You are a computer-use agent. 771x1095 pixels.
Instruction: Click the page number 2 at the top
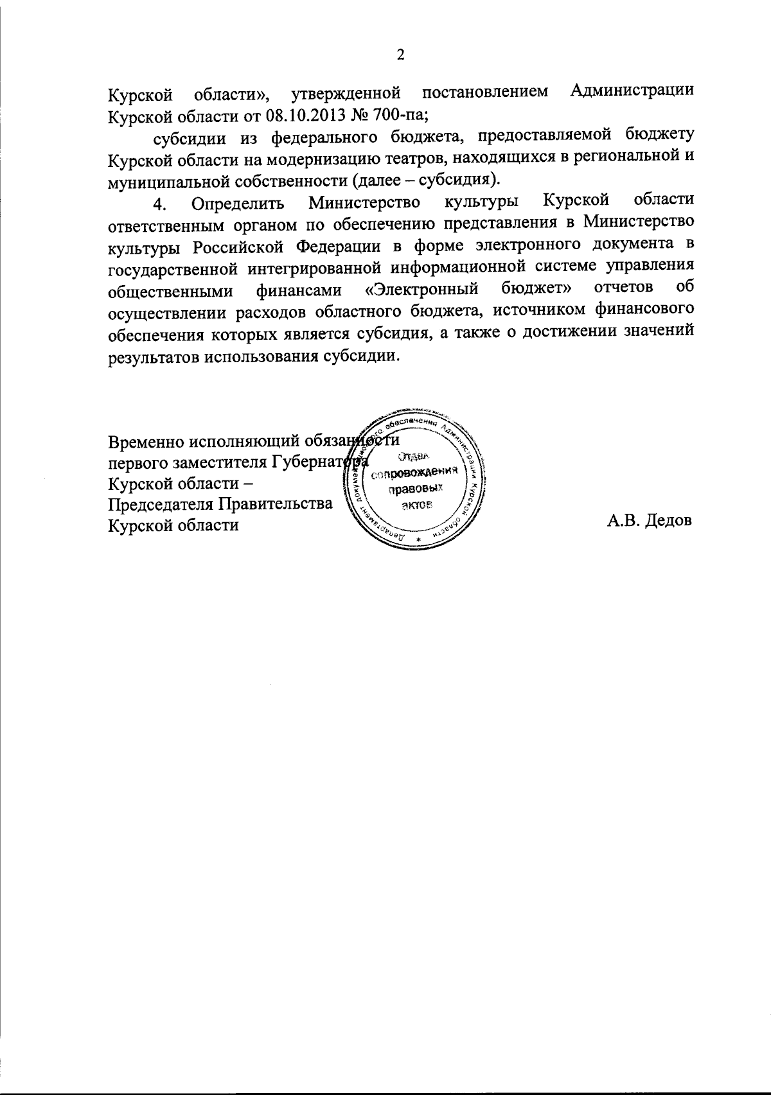(401, 55)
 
